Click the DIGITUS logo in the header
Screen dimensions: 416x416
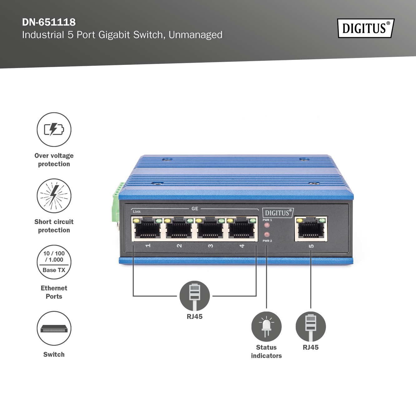(x=365, y=28)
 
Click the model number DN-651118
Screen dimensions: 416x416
(x=49, y=22)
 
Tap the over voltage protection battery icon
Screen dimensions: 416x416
(x=54, y=130)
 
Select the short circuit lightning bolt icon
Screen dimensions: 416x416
(x=54, y=196)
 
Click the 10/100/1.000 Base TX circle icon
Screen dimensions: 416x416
(x=54, y=262)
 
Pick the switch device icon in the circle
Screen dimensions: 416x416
(x=54, y=328)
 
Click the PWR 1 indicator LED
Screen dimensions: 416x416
(x=267, y=225)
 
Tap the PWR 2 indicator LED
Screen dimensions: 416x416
(x=267, y=235)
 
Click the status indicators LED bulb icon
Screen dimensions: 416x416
(x=267, y=326)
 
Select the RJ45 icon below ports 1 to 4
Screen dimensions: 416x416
(x=195, y=296)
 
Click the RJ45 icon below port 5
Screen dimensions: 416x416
(x=311, y=326)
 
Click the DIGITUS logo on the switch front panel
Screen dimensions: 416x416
(x=277, y=213)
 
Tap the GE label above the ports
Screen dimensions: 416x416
(x=195, y=209)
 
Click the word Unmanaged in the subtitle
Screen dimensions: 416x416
(x=196, y=35)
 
